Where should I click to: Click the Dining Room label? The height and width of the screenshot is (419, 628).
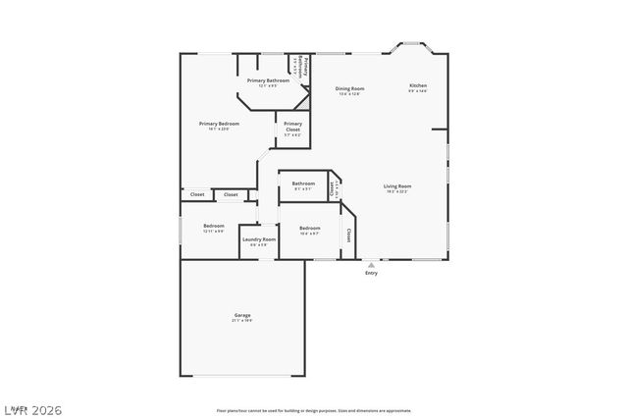click(x=350, y=88)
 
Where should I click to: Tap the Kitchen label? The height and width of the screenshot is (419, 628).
click(x=418, y=86)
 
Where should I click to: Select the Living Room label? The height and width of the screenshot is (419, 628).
click(x=396, y=185)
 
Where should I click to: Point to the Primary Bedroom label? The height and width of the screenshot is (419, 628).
click(x=219, y=124)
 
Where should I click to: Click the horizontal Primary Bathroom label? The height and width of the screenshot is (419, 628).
click(x=267, y=80)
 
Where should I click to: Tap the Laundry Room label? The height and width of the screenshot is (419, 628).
click(x=259, y=238)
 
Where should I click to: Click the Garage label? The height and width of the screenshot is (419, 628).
click(x=241, y=315)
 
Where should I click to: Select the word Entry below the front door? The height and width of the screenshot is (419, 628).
click(x=371, y=273)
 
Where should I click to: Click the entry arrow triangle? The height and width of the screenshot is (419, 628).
click(x=371, y=264)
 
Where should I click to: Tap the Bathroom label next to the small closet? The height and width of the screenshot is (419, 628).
click(x=303, y=183)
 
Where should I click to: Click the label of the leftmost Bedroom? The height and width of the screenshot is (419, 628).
click(x=214, y=227)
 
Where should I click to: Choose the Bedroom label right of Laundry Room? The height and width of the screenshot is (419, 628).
click(x=309, y=228)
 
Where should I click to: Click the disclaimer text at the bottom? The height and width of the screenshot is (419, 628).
click(x=313, y=410)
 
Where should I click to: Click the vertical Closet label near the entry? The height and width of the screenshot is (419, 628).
click(x=349, y=236)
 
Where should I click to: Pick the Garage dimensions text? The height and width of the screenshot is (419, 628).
click(x=241, y=321)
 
